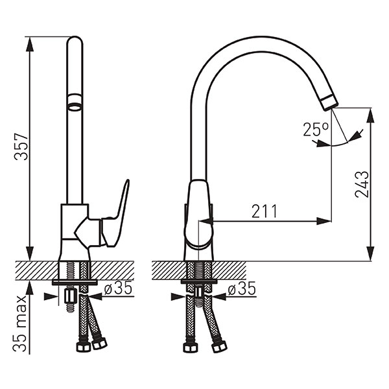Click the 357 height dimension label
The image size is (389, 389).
[21, 147]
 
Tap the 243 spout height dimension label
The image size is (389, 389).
[362, 184]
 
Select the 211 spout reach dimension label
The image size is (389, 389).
[264, 211]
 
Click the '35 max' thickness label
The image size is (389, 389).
[20, 324]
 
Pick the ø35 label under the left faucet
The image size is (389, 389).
[118, 289]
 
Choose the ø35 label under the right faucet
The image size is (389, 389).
[242, 289]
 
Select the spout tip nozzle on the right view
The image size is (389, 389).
[329, 102]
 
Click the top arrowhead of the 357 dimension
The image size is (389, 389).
[30, 44]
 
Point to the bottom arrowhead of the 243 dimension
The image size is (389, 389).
[371, 253]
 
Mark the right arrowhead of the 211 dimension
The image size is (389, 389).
[324, 221]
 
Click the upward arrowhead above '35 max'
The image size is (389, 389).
[30, 288]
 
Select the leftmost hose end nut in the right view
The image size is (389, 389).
[191, 348]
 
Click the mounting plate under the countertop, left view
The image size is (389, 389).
[75, 282]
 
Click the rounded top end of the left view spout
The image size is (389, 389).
[75, 40]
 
